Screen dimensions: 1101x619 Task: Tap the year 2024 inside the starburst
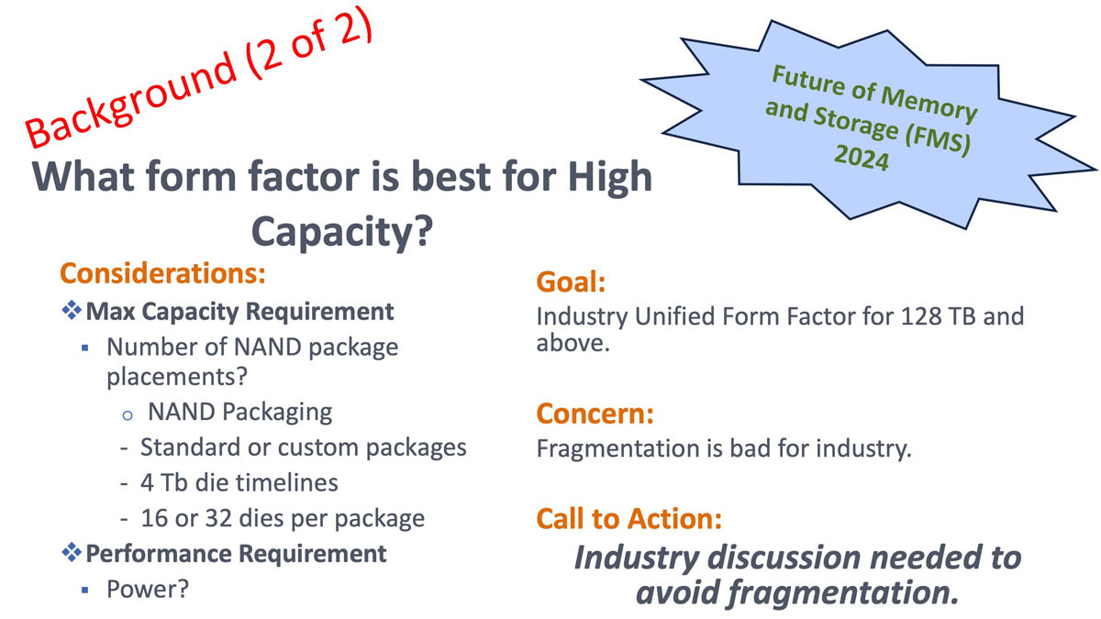(862, 157)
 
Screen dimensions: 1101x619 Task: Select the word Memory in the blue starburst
(929, 103)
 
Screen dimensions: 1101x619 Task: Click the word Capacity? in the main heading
(342, 232)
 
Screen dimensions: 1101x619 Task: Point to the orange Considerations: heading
(162, 273)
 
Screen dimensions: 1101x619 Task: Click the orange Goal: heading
(571, 282)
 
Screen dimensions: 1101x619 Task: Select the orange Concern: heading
(595, 414)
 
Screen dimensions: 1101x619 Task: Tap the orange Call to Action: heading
(628, 519)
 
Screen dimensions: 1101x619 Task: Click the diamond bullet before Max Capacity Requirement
(72, 311)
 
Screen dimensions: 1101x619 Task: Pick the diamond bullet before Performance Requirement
(72, 553)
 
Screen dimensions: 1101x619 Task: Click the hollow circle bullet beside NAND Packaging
(128, 415)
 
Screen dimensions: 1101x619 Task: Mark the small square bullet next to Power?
(85, 590)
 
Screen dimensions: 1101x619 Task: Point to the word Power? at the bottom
(148, 589)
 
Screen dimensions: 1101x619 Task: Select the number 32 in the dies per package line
(218, 518)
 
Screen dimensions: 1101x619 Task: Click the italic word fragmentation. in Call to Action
(842, 593)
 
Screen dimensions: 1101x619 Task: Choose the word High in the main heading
(610, 177)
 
